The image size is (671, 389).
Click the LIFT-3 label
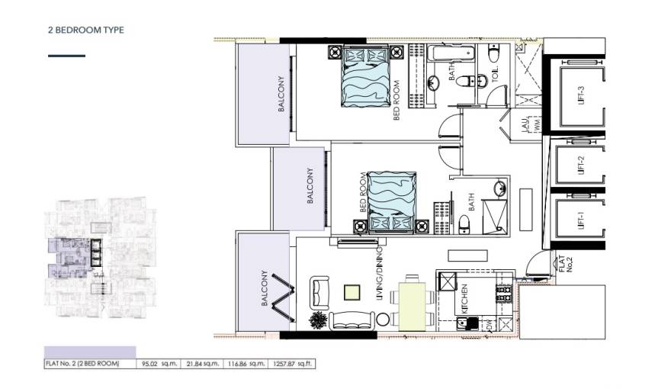click(x=581, y=97)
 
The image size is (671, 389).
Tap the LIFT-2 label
click(x=581, y=166)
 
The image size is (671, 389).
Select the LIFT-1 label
click(x=581, y=220)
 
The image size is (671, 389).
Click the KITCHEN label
click(x=463, y=300)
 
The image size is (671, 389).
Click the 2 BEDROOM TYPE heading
click(x=85, y=30)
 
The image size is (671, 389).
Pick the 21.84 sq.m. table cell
click(x=201, y=364)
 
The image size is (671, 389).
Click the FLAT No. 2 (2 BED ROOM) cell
click(x=83, y=364)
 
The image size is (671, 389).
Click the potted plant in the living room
click(x=316, y=320)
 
